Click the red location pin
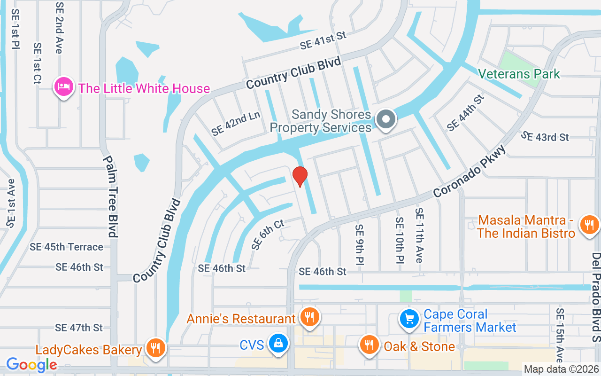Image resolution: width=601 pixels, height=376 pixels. pyautogui.click(x=300, y=176)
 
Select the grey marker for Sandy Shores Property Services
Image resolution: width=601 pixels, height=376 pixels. pyautogui.click(x=386, y=119)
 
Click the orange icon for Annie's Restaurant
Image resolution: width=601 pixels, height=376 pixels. pyautogui.click(x=309, y=317)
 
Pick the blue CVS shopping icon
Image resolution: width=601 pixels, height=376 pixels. pyautogui.click(x=278, y=344)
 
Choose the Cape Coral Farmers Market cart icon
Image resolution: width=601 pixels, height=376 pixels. pyautogui.click(x=409, y=320)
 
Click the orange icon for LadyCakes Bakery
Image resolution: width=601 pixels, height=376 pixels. pyautogui.click(x=155, y=348)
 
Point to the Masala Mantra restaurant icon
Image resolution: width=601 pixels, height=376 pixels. pyautogui.click(x=589, y=224)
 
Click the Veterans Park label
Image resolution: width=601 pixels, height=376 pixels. pyautogui.click(x=519, y=74)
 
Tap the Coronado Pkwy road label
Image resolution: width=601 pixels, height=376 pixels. pyautogui.click(x=470, y=172)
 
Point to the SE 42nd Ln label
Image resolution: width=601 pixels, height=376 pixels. pyautogui.click(x=236, y=124)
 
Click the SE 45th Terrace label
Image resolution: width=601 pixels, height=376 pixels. pyautogui.click(x=66, y=247)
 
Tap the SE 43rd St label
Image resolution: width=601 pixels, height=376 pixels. pyautogui.click(x=545, y=137)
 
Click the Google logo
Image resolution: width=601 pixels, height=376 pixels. pyautogui.click(x=32, y=364)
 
